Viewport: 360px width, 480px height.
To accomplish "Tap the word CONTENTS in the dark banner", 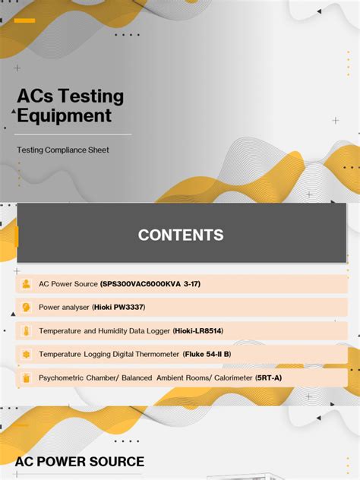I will (x=181, y=235).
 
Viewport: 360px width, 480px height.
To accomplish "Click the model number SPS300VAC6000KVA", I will (x=142, y=284).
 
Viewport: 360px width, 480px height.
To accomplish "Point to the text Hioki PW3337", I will (x=118, y=308).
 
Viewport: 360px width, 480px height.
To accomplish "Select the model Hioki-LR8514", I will (x=198, y=331).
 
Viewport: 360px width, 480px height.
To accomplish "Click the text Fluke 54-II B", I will (x=207, y=354).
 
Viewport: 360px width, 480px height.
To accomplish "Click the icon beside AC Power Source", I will (x=26, y=284).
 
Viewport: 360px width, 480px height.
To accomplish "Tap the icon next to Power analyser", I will (x=26, y=308).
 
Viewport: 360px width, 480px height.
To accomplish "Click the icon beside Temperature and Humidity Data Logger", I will (x=26, y=331).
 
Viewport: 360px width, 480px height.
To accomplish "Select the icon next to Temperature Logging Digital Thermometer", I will (x=26, y=354).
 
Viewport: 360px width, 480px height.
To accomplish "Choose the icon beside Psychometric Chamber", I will (x=26, y=377).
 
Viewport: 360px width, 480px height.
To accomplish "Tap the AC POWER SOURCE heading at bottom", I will (x=79, y=461).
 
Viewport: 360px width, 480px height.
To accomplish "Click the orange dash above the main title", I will (x=24, y=21).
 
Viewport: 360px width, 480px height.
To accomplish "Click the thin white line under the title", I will (x=74, y=134).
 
